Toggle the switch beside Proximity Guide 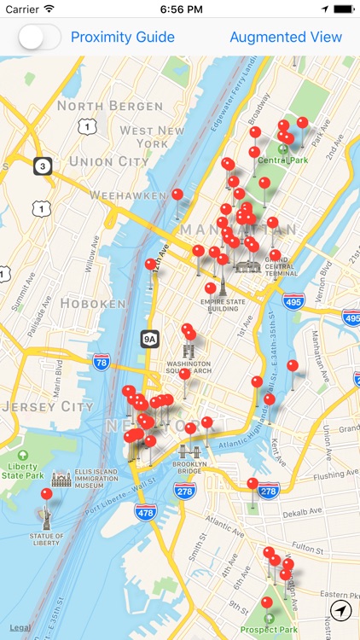pyautogui.click(x=40, y=38)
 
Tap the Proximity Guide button pyautogui.click(x=122, y=38)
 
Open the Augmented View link pyautogui.click(x=286, y=38)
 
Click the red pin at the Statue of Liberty pyautogui.click(x=46, y=494)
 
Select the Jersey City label pyautogui.click(x=47, y=406)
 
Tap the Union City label pyautogui.click(x=108, y=160)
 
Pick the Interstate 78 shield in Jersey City pyautogui.click(x=102, y=363)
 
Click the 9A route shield pyautogui.click(x=150, y=339)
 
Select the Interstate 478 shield pyautogui.click(x=144, y=512)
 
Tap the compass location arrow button pyautogui.click(x=341, y=610)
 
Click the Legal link pyautogui.click(x=20, y=628)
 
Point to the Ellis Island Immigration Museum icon pyautogui.click(x=61, y=480)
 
